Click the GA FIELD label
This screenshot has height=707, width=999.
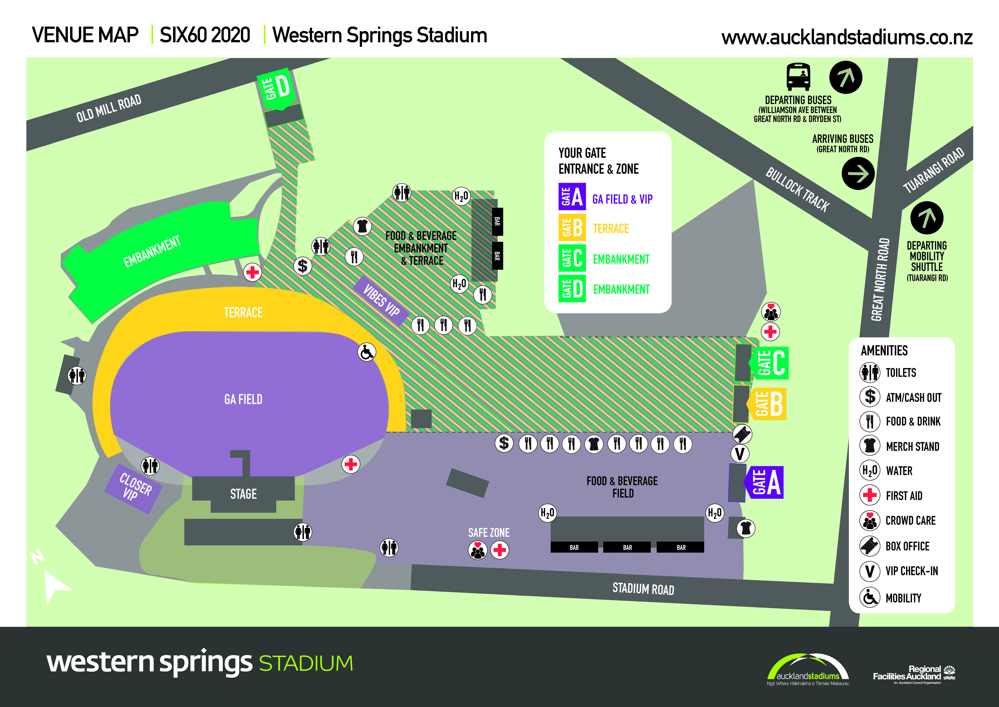[243, 399]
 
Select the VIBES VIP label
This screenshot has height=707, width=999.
[381, 300]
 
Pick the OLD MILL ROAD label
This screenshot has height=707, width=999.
[109, 108]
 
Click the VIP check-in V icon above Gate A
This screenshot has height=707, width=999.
[740, 454]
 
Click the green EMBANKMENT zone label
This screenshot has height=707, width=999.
[152, 252]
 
